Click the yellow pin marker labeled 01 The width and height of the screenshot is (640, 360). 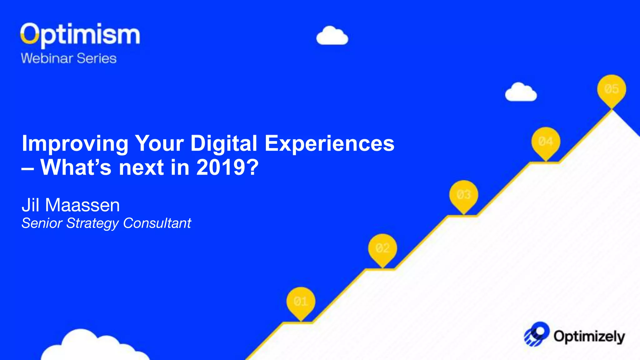pos(301,302)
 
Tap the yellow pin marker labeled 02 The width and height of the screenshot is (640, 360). pos(382,249)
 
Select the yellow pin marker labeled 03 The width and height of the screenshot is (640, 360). pos(464,195)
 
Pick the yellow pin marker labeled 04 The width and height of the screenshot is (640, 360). pos(546,142)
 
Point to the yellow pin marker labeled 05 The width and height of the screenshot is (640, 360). pos(612,89)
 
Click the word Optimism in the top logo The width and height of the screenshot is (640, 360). pos(80,34)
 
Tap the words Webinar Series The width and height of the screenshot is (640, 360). pos(69,58)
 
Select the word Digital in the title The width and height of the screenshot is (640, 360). pos(224,144)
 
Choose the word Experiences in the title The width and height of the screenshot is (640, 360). pos(329,144)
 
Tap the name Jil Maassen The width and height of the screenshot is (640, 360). pos(71,205)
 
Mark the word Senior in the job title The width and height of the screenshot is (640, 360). pos(42,223)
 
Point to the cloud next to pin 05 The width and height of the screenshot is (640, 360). pos(521,92)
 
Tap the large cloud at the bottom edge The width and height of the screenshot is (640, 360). pos(91,347)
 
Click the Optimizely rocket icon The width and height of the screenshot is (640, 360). pos(537,334)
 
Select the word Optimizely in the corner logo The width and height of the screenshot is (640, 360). pos(589,337)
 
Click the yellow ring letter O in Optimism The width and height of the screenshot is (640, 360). pos(29,33)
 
